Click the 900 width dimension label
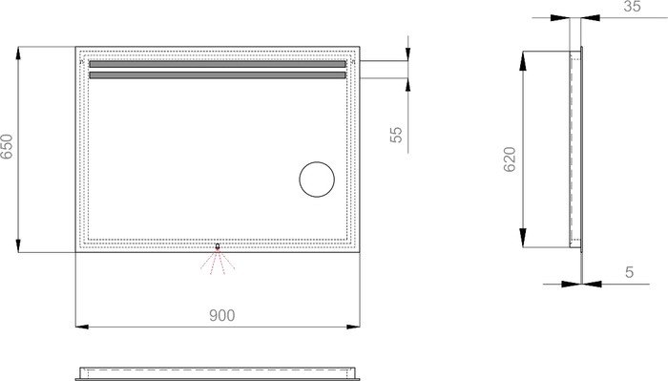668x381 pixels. [222, 315]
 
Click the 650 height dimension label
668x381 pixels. [7, 146]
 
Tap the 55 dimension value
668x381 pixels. [396, 135]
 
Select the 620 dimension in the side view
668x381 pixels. [510, 159]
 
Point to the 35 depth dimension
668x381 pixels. [632, 7]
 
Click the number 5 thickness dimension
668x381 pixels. [629, 272]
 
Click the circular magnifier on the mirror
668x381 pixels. [317, 180]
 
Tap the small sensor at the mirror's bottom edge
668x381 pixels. [218, 246]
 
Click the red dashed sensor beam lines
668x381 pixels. [218, 261]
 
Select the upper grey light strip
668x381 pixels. [218, 64]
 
